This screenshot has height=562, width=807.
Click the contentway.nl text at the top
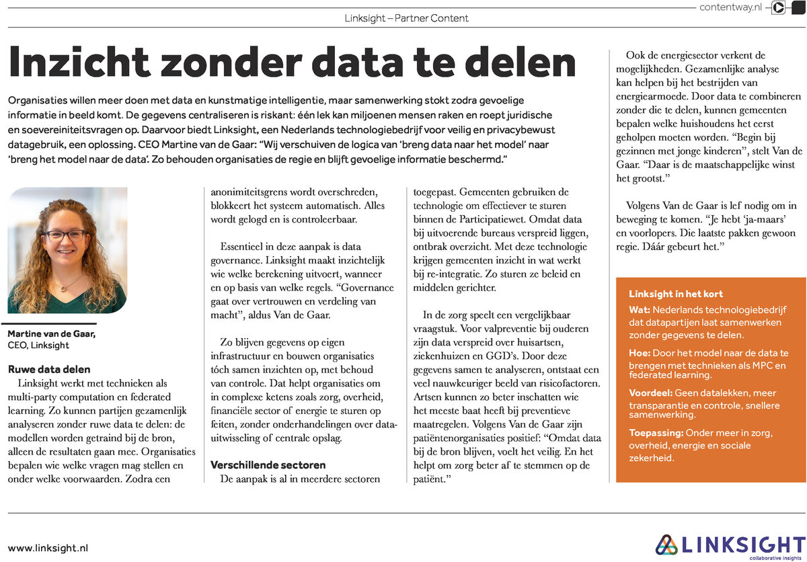730,7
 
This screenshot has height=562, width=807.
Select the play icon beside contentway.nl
778,8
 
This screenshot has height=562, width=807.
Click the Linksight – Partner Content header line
406,18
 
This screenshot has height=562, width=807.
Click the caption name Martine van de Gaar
52,334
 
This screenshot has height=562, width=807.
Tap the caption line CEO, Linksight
38,346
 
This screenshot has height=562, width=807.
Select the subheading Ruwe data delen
48,369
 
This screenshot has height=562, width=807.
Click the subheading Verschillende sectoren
258,465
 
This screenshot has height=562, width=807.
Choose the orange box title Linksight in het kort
675,294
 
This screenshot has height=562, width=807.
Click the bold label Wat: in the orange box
639,311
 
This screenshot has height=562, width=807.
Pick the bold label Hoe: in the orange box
640,352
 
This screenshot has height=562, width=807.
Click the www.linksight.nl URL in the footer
48,548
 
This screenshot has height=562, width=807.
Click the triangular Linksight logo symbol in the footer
667,545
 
